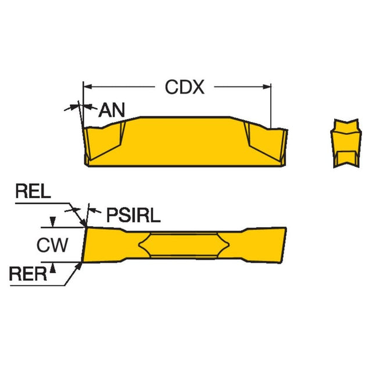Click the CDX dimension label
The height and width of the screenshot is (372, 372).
tap(184, 87)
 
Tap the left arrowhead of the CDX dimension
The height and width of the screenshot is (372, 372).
tap(87, 87)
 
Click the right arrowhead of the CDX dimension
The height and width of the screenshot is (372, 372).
tap(268, 87)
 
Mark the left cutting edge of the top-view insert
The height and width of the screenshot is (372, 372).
tap(85, 245)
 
